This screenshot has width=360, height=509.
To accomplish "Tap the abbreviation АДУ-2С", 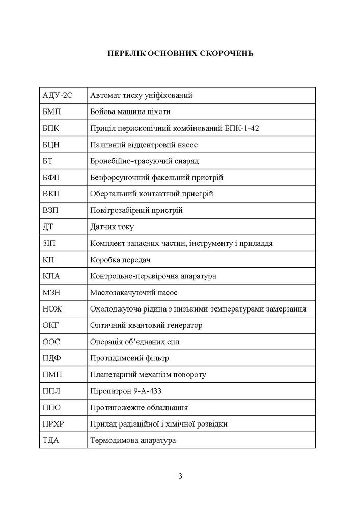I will point(57,95).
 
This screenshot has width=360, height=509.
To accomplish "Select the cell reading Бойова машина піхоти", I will point(130,111).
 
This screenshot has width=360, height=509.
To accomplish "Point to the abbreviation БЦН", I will point(51,145).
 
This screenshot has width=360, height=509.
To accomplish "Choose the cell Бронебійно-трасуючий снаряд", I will point(144,161).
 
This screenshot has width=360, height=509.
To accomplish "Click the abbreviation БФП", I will point(52,178).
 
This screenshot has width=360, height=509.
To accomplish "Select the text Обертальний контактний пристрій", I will point(151,194).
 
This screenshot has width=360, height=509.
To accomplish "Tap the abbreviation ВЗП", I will point(51,210).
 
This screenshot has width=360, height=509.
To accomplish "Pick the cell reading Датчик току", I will point(112,227).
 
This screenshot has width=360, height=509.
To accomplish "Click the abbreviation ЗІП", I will point(51,243).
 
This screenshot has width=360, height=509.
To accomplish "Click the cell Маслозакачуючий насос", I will point(133,293).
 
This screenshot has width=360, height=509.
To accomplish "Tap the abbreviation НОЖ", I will point(52,309).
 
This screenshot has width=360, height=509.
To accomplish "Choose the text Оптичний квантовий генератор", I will point(146,325).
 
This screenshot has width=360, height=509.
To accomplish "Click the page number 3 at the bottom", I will point(180,476).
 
